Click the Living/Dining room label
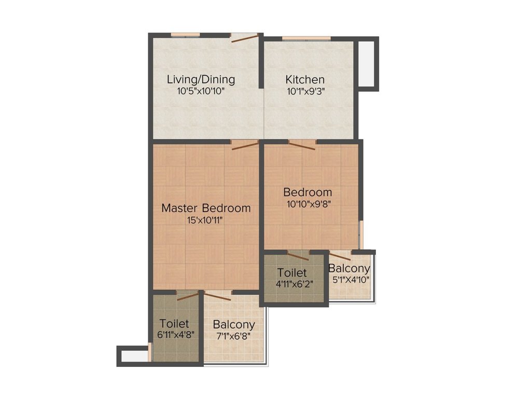click(x=201, y=79)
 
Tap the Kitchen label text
click(x=305, y=80)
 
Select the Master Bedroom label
click(x=206, y=208)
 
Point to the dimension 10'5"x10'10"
click(x=201, y=91)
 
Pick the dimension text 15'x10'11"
click(x=205, y=221)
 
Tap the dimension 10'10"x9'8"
click(x=308, y=204)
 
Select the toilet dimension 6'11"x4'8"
click(x=175, y=335)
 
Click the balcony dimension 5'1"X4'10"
click(x=351, y=280)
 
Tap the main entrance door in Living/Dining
click(x=244, y=37)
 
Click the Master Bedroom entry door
click(x=245, y=145)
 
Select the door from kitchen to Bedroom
click(x=302, y=145)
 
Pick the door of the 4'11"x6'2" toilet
click(x=298, y=255)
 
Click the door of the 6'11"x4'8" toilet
click(x=188, y=295)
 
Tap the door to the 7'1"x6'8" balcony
click(x=218, y=295)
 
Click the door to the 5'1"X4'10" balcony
click(x=340, y=255)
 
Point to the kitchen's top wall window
click(x=306, y=38)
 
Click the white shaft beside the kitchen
click(x=366, y=64)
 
